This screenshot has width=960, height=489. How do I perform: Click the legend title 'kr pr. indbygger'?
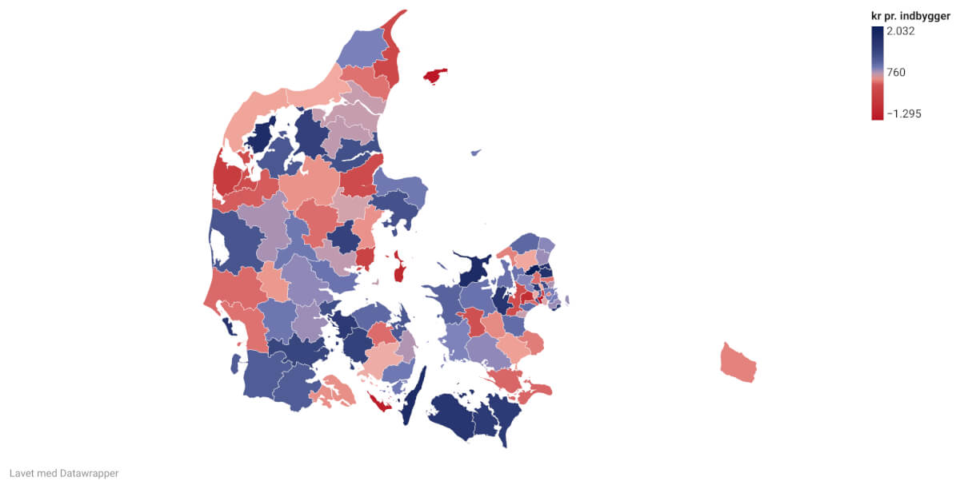pos(910,16)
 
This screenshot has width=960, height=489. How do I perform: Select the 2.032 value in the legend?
pos(901,32)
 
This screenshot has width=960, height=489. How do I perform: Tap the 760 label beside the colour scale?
pos(896,73)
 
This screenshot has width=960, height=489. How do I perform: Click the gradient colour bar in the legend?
pos(878,73)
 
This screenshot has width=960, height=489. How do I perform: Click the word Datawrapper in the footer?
pos(90,474)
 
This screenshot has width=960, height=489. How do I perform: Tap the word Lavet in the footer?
pos(22,474)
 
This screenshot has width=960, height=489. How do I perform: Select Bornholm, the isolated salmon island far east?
pos(738,364)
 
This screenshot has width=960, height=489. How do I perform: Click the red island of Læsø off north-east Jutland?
pos(434,77)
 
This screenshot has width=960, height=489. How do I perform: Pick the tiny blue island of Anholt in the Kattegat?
pos(476,151)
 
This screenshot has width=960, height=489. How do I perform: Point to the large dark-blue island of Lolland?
pos(456,415)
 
